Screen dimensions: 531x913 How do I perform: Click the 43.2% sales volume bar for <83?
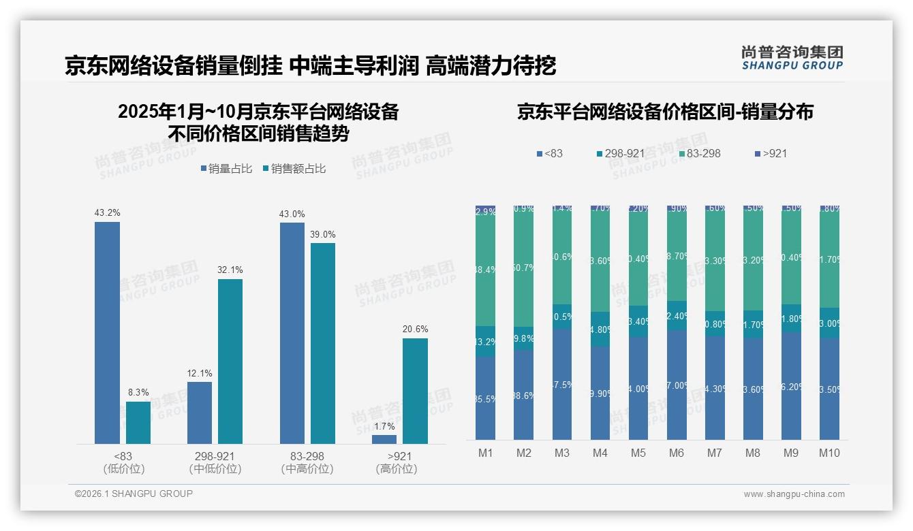click(107, 333)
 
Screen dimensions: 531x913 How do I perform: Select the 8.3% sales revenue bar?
click(138, 423)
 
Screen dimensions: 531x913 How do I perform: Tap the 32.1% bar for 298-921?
click(230, 361)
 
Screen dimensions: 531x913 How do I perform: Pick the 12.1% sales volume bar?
click(200, 413)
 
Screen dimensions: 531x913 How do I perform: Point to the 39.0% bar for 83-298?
click(323, 343)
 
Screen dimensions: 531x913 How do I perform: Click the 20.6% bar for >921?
click(415, 391)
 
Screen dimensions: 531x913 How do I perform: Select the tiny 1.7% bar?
click(384, 439)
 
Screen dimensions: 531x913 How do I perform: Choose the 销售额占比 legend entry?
click(294, 168)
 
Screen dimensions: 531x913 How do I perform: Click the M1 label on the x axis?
click(485, 453)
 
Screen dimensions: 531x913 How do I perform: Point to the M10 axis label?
click(829, 453)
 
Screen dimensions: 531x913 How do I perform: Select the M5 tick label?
click(638, 453)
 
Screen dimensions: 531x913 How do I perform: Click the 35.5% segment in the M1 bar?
click(485, 398)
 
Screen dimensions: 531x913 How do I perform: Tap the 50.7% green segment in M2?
click(523, 268)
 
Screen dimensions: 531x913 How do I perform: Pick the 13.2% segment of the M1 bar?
click(485, 341)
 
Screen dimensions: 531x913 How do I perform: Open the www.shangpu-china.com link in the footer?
click(794, 494)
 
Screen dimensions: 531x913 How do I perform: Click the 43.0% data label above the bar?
click(292, 214)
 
